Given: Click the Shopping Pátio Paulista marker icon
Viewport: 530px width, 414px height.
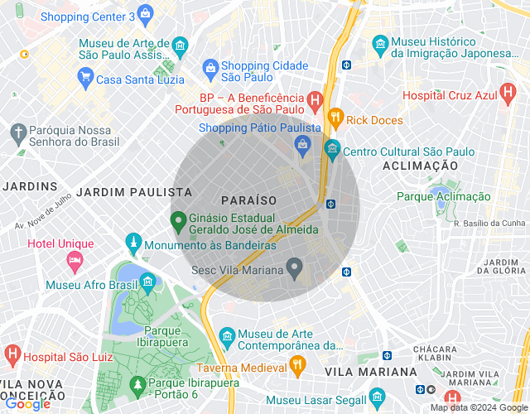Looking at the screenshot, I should pyautogui.click(x=303, y=145).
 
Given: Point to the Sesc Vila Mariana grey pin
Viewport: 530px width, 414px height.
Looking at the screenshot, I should pyautogui.click(x=293, y=267).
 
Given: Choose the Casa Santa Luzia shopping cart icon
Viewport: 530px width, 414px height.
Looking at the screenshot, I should pyautogui.click(x=84, y=79).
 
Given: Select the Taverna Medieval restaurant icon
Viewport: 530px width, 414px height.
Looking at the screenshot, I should pyautogui.click(x=296, y=364).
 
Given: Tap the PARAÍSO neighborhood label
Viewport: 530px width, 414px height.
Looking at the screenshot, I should pyautogui.click(x=249, y=200).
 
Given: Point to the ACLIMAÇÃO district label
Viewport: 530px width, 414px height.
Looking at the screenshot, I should pyautogui.click(x=420, y=166).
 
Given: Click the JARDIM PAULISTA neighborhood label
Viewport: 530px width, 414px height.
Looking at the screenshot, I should pyautogui.click(x=134, y=191).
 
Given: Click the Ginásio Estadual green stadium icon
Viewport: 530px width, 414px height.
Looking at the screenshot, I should pyautogui.click(x=177, y=221).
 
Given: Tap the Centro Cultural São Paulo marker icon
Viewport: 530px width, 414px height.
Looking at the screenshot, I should pyautogui.click(x=331, y=152).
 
